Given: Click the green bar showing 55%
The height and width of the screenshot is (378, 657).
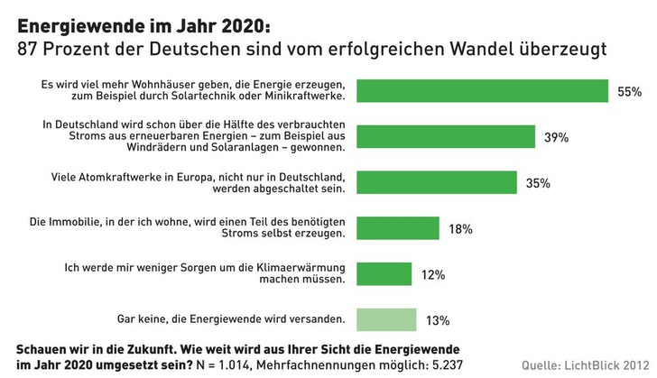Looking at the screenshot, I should tap(482, 91).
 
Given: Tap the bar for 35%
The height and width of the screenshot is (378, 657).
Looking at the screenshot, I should tap(437, 182).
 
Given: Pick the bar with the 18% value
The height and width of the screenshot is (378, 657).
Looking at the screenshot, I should tap(398, 228).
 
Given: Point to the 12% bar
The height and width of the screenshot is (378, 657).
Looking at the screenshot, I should tap(384, 273).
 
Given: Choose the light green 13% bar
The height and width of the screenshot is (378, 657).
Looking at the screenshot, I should tap(386, 318).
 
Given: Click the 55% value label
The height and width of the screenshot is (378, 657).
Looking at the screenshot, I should tap(629, 92).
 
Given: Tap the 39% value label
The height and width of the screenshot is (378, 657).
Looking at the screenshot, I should tap(556, 138).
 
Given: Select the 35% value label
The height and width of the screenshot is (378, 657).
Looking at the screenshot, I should tap(538, 183).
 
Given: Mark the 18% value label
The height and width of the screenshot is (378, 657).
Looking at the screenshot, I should tap(460, 229).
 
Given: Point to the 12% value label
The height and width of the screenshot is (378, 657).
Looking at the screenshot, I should tap(433, 274).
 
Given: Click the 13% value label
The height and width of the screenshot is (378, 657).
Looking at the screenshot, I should tap(438, 319).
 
